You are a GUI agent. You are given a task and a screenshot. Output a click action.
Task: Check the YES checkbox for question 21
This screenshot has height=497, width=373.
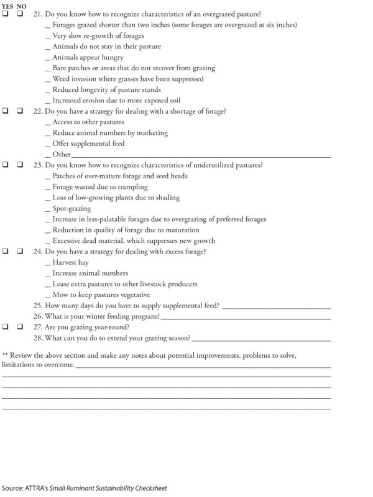click(x=5, y=14)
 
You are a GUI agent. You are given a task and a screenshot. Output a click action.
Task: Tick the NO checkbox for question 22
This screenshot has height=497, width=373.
click(x=21, y=111)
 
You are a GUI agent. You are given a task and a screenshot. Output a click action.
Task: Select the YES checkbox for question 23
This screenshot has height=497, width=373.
click(x=5, y=165)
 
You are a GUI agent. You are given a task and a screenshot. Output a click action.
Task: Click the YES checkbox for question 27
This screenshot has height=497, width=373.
click(x=5, y=327)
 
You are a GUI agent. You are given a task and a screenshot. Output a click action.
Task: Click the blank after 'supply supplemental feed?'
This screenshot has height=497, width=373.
click(x=276, y=306)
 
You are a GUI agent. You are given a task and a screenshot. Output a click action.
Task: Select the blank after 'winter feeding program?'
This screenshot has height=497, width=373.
click(x=245, y=316)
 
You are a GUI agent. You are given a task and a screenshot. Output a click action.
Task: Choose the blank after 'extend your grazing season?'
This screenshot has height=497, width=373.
click(x=261, y=338)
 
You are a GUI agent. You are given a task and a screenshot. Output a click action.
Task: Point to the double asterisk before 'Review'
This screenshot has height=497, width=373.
click(x=6, y=354)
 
